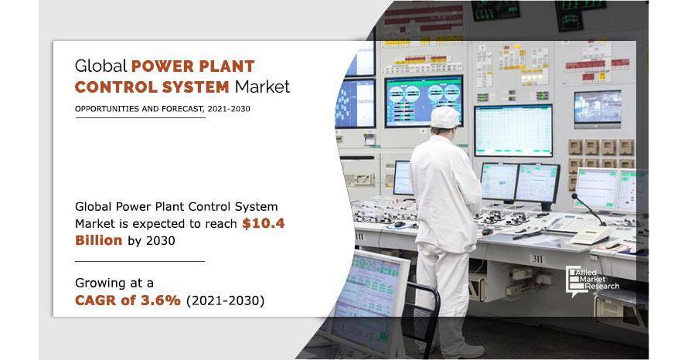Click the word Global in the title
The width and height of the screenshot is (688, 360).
click(x=100, y=66)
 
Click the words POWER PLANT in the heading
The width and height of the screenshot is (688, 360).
click(x=193, y=66)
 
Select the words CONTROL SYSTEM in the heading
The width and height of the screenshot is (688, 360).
click(x=152, y=87)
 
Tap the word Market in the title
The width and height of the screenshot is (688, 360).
click(x=262, y=87)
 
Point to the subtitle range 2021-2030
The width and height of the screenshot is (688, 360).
click(x=229, y=109)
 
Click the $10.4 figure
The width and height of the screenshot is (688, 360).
click(x=264, y=223)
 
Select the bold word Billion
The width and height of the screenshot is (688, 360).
click(x=99, y=240)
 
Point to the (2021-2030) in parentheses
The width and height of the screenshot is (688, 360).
click(x=226, y=301)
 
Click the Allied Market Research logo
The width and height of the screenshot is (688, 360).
click(x=592, y=280)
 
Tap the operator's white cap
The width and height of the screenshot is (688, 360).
click(x=445, y=117)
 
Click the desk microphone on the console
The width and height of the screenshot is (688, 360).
click(x=588, y=209)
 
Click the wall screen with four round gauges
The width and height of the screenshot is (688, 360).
click(x=424, y=101)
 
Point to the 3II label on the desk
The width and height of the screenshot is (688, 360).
click(x=538, y=259)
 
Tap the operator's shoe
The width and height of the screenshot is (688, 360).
click(x=465, y=351)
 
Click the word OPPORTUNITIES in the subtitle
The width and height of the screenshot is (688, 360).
click(x=107, y=109)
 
